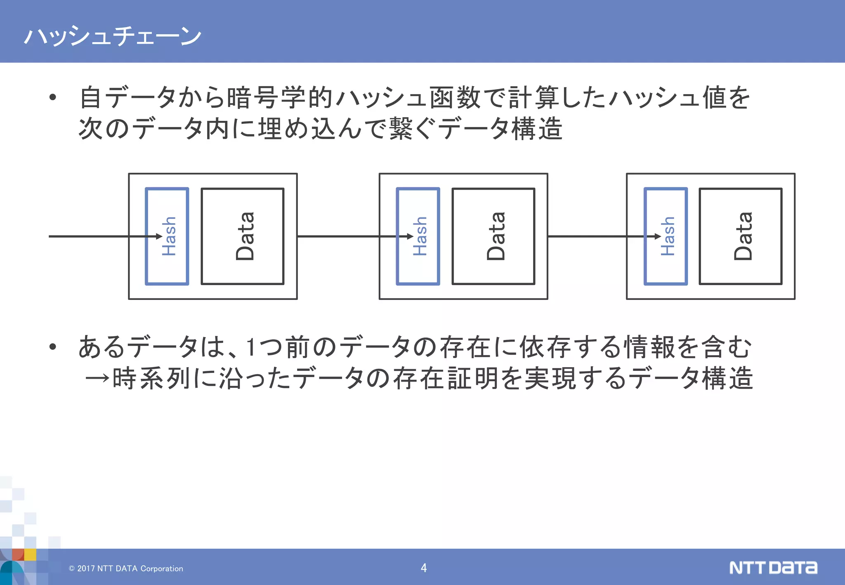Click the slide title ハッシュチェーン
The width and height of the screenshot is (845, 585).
point(112,36)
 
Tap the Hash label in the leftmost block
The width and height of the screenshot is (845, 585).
point(169,236)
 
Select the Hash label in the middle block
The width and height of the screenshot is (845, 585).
point(420,236)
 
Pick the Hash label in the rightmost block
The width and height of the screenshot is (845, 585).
point(667,236)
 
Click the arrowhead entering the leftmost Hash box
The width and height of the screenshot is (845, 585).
point(159,236)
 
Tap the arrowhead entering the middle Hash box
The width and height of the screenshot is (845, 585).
point(410,236)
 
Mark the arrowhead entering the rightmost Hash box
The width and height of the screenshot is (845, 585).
point(658,236)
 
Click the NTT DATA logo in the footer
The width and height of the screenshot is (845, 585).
point(773,568)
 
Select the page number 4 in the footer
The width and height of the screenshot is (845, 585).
point(423,568)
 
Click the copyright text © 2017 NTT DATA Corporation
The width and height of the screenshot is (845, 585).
point(126,568)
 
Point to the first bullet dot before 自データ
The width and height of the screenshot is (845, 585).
point(52,98)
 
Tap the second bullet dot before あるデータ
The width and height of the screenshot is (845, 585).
point(52,347)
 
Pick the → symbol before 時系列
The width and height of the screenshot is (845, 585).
point(97,378)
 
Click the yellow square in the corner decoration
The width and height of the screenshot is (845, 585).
point(30,554)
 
